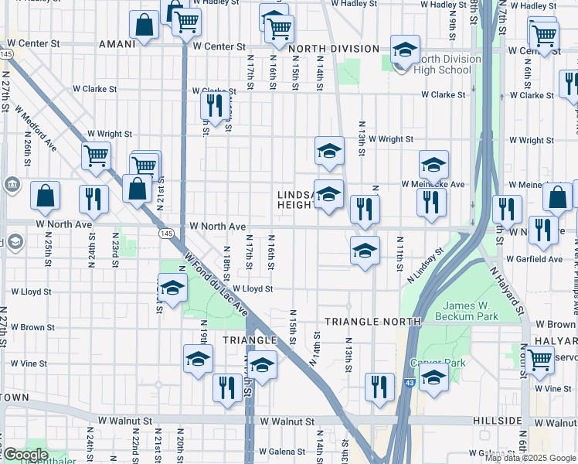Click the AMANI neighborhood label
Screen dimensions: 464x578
117,44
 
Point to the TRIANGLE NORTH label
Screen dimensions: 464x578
372,320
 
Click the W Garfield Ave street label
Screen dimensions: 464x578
534,259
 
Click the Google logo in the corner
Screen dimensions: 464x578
25,455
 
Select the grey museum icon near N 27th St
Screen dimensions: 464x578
12,184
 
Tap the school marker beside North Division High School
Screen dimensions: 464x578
404,50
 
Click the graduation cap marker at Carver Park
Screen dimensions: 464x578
434,378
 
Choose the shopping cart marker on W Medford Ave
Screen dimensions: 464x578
97,155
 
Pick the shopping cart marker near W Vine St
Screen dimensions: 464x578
539,358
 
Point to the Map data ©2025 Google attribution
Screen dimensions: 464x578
531,458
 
